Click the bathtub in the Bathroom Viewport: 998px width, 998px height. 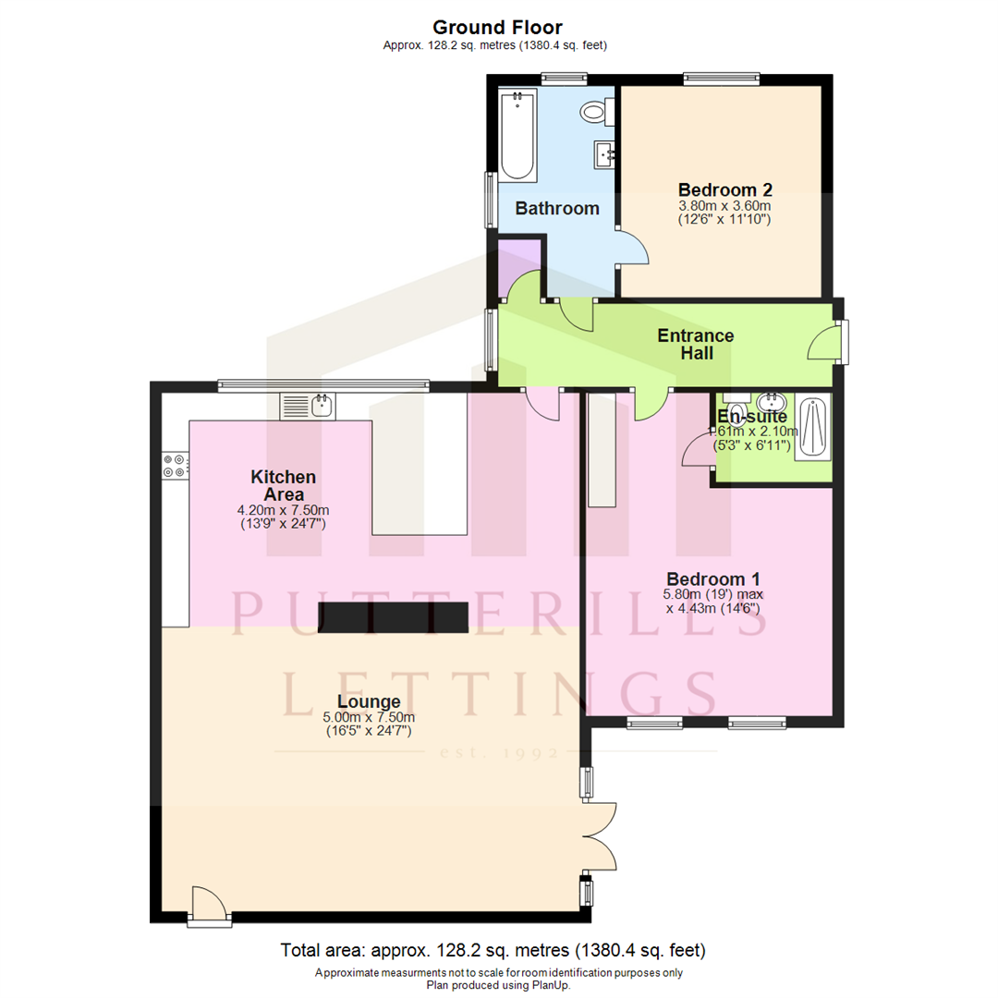pyautogui.click(x=517, y=135)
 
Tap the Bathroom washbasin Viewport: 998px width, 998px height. pyautogui.click(x=604, y=152)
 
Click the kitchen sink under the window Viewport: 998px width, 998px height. pyautogui.click(x=309, y=405)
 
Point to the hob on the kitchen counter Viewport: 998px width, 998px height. pyautogui.click(x=175, y=465)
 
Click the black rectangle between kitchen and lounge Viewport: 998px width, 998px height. pyautogui.click(x=394, y=616)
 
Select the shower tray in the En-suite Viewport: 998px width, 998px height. pyautogui.click(x=813, y=427)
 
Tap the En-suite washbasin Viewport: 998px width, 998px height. pyautogui.click(x=770, y=403)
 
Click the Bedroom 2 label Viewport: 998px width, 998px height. pyautogui.click(x=724, y=188)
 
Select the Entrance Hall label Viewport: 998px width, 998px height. pyautogui.click(x=695, y=344)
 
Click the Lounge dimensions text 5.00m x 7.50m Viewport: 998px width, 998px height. pyautogui.click(x=369, y=717)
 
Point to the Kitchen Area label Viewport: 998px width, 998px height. pyautogui.click(x=284, y=485)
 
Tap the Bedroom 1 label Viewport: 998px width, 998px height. pyautogui.click(x=712, y=578)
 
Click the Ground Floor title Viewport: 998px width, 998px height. pyautogui.click(x=497, y=28)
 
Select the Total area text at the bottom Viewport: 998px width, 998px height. pyautogui.click(x=493, y=950)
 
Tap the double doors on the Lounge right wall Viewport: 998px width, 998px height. pyautogui.click(x=601, y=836)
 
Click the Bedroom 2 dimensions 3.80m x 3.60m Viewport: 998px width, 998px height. pyautogui.click(x=724, y=205)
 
